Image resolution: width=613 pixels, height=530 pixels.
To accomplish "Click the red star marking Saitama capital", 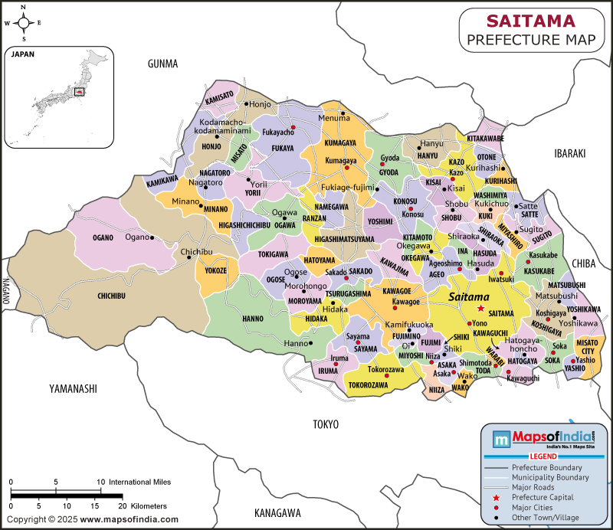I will pyautogui.click(x=480, y=308).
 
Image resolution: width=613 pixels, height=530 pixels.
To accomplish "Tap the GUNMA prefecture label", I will pyautogui.click(x=162, y=64).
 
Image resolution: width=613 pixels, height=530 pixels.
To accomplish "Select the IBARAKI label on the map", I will pyautogui.click(x=569, y=154).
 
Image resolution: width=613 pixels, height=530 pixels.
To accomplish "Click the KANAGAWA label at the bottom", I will pyautogui.click(x=277, y=512).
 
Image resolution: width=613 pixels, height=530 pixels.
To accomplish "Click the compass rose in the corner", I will pyautogui.click(x=24, y=22).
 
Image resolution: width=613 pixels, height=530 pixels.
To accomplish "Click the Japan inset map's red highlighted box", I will pyautogui.click(x=77, y=92).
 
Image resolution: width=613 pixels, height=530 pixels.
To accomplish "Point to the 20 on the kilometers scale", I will pyautogui.click(x=120, y=506).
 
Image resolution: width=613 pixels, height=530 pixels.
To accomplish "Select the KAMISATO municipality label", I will pyautogui.click(x=219, y=97).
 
